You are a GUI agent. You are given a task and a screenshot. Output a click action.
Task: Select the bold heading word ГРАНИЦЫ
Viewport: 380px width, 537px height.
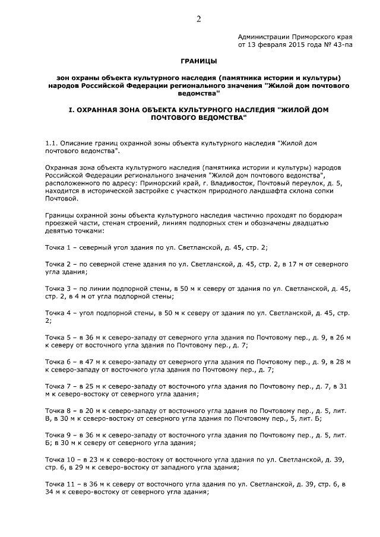click(199, 61)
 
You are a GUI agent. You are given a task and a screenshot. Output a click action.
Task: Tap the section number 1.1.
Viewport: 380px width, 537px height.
click(53, 143)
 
